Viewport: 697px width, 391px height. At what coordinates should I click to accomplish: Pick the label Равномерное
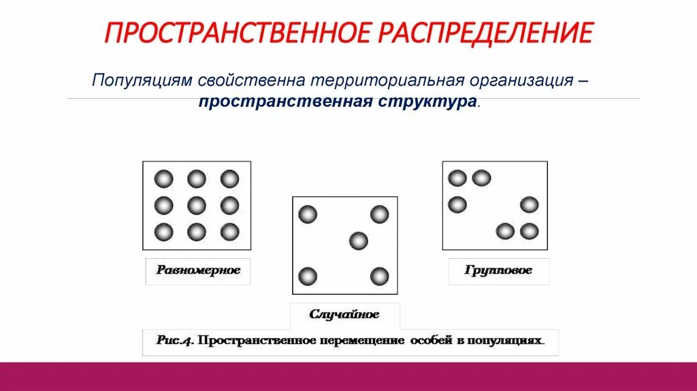tap(198, 270)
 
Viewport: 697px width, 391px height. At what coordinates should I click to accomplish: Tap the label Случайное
tap(344, 315)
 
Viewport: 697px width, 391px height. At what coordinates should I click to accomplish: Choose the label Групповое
tap(498, 270)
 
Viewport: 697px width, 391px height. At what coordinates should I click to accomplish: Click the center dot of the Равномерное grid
tap(197, 205)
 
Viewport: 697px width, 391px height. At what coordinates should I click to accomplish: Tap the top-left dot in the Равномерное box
tap(163, 179)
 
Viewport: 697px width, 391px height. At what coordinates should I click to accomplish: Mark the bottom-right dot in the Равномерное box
tap(230, 232)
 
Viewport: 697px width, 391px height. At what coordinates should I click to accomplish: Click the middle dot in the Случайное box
tap(358, 240)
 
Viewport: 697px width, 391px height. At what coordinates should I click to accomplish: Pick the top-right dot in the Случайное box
tap(379, 215)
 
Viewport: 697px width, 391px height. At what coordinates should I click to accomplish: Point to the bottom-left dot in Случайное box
tap(308, 277)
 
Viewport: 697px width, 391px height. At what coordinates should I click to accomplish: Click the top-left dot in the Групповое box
tap(457, 178)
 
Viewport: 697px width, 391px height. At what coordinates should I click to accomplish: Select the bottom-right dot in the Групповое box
tap(530, 231)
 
